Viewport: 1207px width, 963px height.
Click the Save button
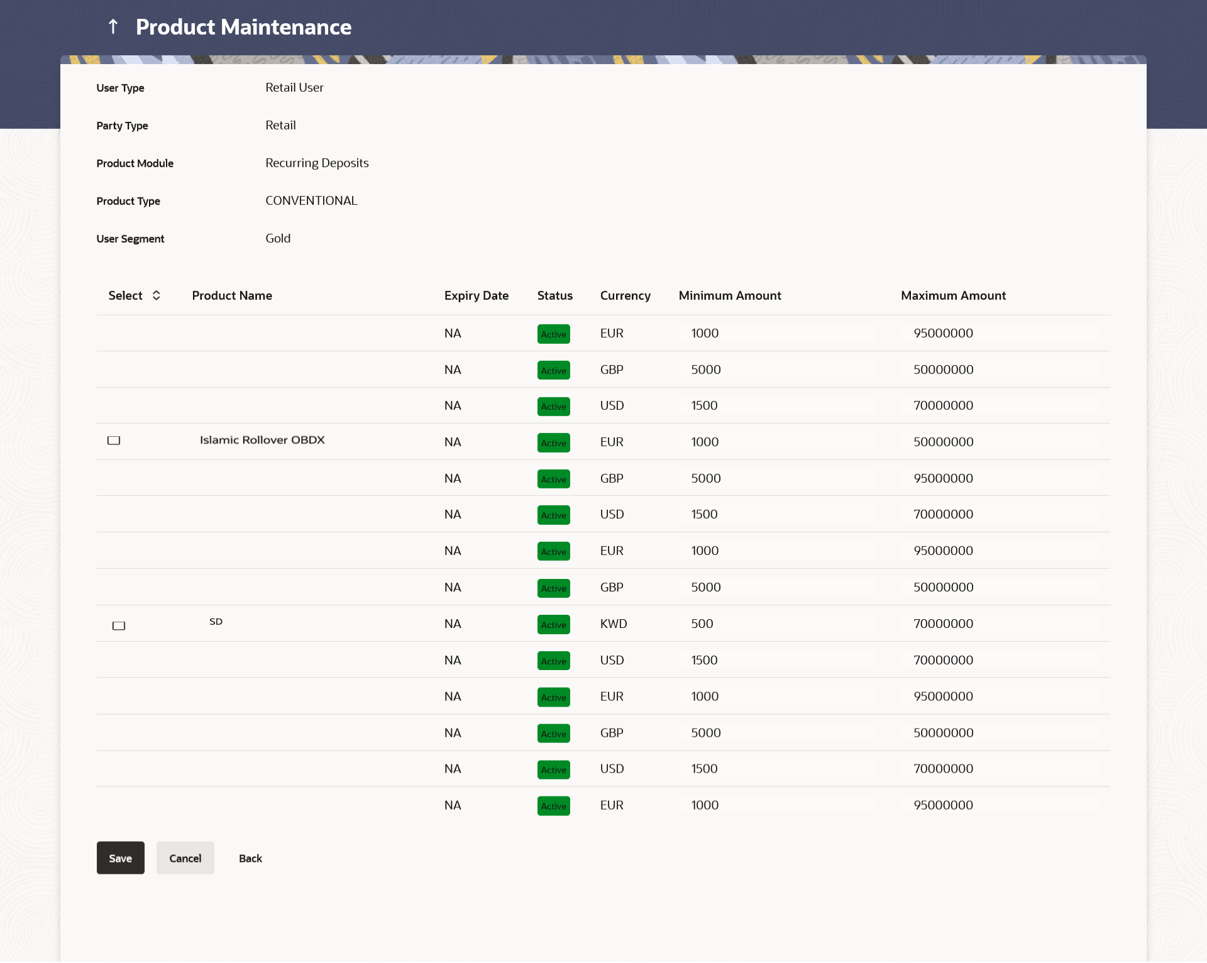pos(120,858)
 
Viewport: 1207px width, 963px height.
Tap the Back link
pos(250,859)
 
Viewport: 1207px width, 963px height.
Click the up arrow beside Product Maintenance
pos(113,26)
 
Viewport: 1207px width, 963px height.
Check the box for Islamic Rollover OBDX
pos(114,441)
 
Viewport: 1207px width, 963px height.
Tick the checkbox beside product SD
pos(119,625)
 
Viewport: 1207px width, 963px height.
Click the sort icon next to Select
pos(157,295)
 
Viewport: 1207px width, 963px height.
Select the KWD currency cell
pos(614,624)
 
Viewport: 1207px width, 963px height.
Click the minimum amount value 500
pos(702,624)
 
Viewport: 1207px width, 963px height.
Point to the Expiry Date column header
pos(476,295)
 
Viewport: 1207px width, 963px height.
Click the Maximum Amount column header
pos(953,295)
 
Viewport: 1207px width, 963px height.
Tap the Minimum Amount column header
pos(729,295)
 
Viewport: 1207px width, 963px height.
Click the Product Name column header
pos(232,295)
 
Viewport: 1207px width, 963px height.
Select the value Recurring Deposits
pos(317,163)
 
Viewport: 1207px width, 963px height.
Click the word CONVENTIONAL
pos(311,201)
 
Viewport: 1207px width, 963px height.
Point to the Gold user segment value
pos(278,238)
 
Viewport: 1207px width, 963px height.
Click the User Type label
pos(120,88)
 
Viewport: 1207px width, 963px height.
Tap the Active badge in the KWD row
pos(553,624)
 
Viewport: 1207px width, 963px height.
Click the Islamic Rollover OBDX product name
pos(262,440)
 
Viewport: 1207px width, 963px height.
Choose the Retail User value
pos(294,87)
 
